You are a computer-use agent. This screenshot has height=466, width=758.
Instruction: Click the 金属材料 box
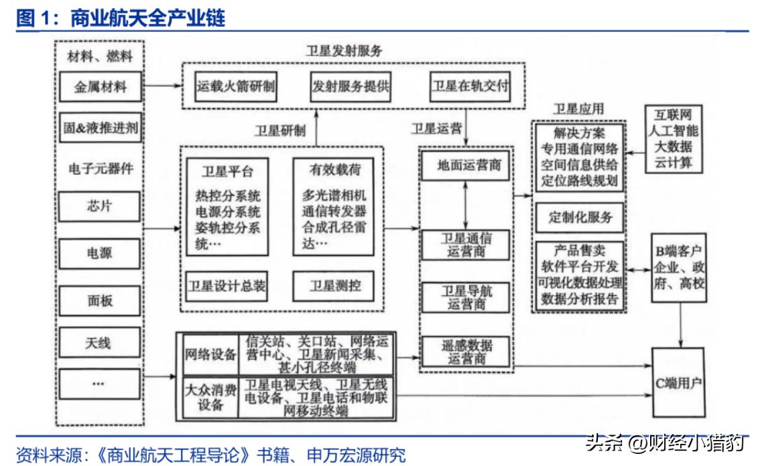click(100, 87)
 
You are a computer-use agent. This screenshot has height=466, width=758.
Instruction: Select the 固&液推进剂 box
click(101, 127)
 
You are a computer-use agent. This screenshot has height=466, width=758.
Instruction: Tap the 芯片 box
click(100, 206)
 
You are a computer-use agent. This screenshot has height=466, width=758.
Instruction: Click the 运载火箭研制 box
click(236, 86)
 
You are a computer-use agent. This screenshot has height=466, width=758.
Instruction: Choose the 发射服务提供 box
click(351, 86)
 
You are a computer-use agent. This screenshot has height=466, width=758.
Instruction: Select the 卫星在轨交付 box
click(470, 86)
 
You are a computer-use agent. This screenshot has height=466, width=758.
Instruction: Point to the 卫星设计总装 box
click(226, 286)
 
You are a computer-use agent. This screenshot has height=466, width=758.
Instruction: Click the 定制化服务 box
click(580, 218)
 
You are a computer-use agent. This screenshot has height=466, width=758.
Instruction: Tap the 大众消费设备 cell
click(210, 399)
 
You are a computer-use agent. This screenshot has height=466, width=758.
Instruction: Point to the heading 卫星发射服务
click(344, 51)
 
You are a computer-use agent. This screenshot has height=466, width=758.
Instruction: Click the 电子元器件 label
click(101, 167)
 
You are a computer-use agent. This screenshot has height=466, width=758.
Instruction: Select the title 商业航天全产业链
click(147, 18)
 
